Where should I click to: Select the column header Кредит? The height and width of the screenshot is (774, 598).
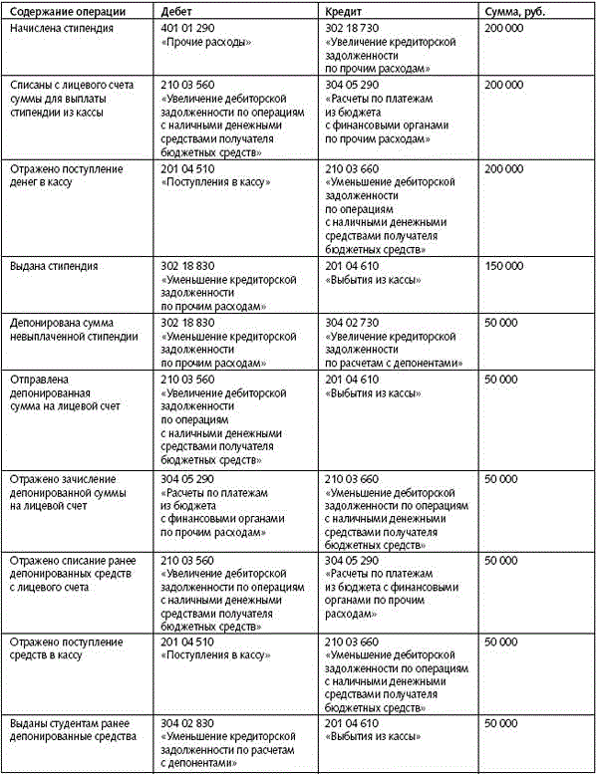(x=344, y=10)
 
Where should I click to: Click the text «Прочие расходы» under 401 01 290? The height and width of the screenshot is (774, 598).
(x=204, y=44)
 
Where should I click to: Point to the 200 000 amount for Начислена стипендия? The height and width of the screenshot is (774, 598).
(x=502, y=30)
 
